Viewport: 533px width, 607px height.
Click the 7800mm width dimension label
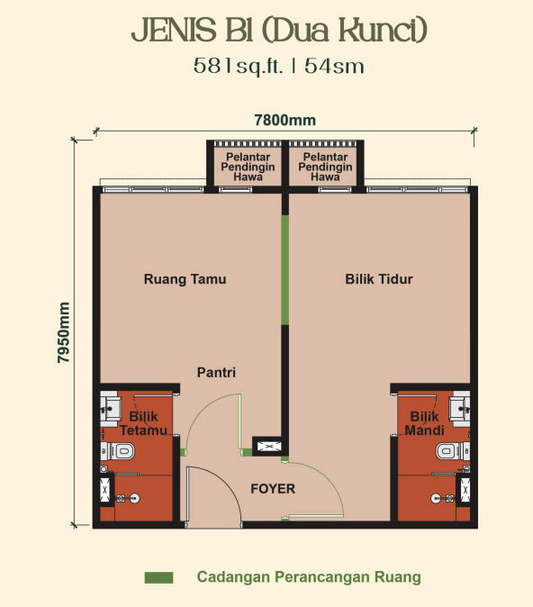285,120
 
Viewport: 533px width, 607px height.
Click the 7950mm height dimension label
63,332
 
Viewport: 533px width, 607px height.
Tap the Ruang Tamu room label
185,279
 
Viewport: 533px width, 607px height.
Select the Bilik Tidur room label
379,279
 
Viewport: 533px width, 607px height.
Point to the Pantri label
216,373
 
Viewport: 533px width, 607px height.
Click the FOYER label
273,488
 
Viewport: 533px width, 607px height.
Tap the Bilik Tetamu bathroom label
144,423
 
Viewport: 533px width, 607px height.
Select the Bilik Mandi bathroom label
425,423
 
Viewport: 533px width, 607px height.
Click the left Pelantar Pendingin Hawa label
248,167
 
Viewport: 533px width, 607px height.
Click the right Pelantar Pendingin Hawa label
325,167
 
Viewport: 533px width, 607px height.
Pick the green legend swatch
158,577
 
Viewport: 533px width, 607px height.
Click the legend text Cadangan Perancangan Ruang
309,576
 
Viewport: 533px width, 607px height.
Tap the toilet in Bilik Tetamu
118,451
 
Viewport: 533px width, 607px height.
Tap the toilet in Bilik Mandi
453,451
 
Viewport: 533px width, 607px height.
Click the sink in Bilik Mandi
460,409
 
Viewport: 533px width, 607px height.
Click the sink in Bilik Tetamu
111,409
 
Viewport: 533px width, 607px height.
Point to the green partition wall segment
285,270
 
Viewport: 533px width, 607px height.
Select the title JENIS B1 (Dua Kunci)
279,31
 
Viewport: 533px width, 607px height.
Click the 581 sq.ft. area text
239,66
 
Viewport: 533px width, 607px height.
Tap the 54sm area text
334,66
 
